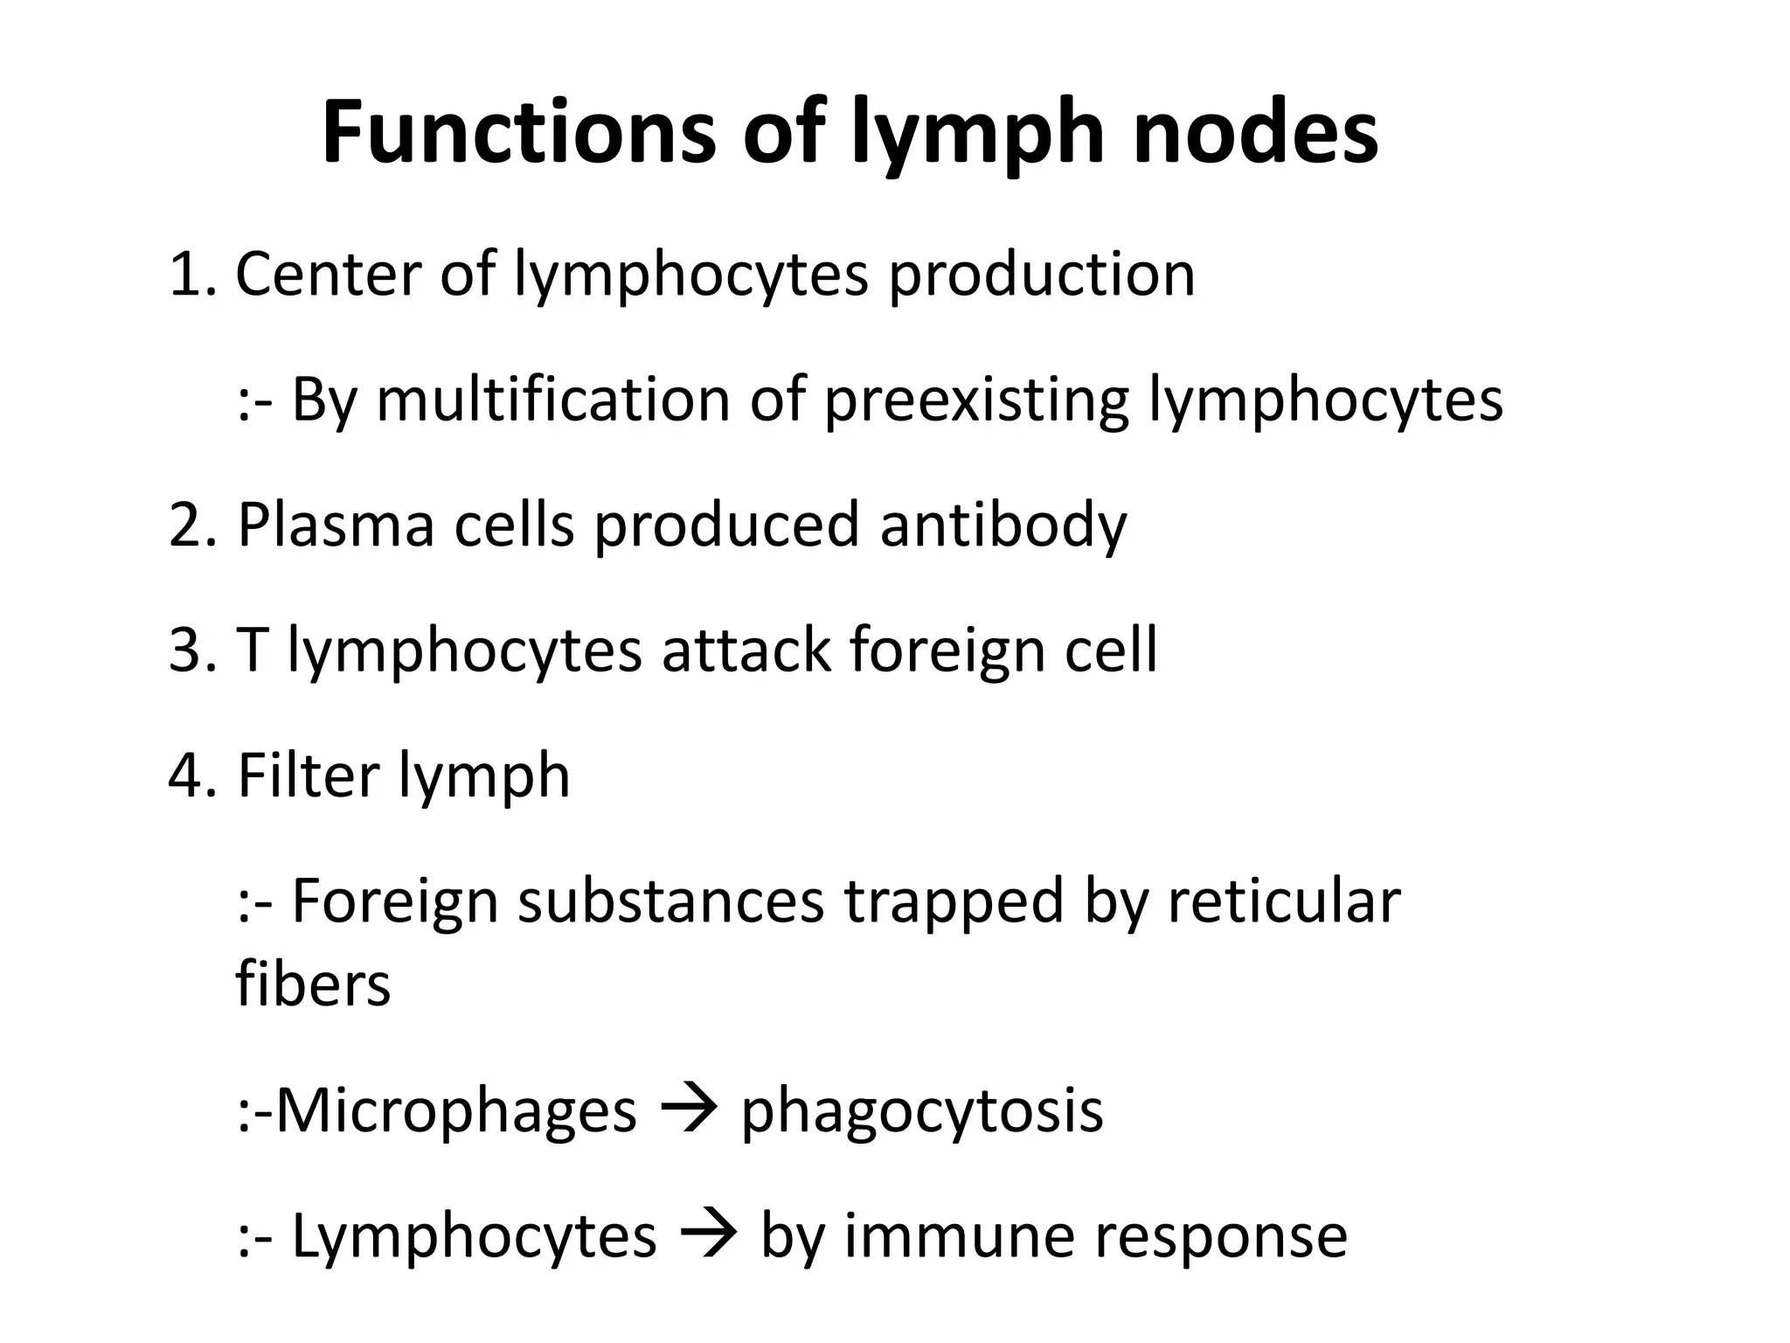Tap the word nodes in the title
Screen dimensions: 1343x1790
tap(1255, 133)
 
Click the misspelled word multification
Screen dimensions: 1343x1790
tap(552, 400)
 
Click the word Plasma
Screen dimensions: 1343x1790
tap(336, 525)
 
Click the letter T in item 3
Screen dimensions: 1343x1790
tap(251, 650)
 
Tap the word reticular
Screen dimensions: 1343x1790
tap(1283, 901)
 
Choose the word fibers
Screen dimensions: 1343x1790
tap(312, 984)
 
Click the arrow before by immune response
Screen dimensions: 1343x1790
tap(708, 1235)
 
